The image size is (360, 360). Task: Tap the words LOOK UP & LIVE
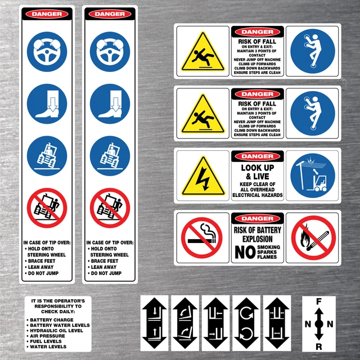tap(257, 172)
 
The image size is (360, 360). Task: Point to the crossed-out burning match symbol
tap(313, 237)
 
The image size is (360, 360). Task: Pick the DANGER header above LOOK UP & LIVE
tap(257, 156)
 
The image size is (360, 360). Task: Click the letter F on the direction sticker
tap(319, 302)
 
